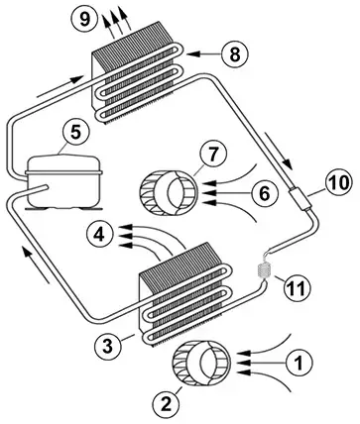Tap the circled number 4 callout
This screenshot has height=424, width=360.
tap(97, 235)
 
